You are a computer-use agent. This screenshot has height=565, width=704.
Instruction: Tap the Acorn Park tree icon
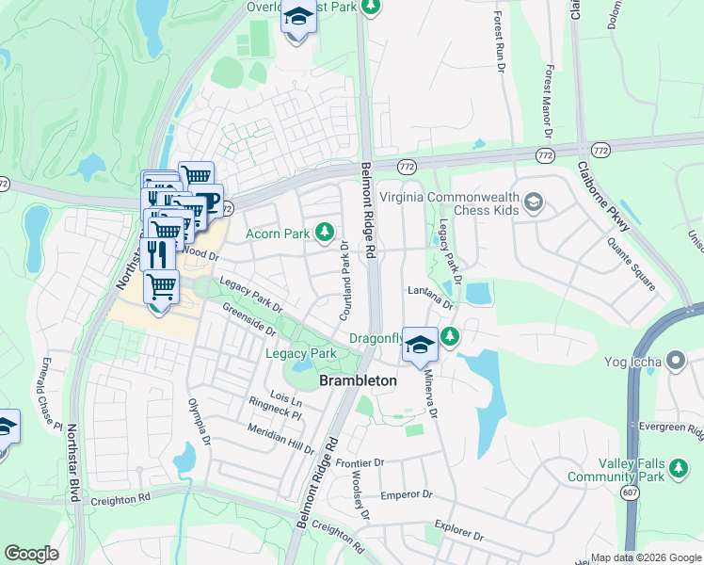click(325, 231)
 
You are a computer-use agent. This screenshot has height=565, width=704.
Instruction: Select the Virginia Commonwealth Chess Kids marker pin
click(534, 202)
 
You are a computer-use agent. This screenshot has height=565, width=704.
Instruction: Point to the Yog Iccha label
click(636, 360)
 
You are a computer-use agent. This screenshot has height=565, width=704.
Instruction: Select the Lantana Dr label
click(430, 297)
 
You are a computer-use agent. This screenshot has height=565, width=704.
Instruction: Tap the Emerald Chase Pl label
click(51, 393)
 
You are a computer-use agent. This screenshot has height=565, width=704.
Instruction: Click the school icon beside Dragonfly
click(419, 345)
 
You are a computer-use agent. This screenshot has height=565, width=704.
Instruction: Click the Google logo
click(32, 553)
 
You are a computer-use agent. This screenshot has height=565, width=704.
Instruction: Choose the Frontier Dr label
click(360, 462)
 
